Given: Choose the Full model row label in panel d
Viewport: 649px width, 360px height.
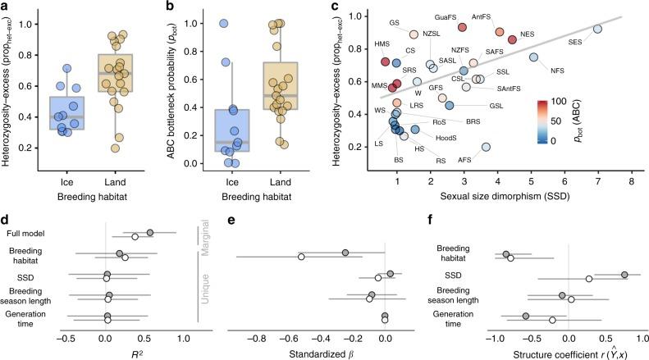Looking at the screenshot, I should click(24, 234).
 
